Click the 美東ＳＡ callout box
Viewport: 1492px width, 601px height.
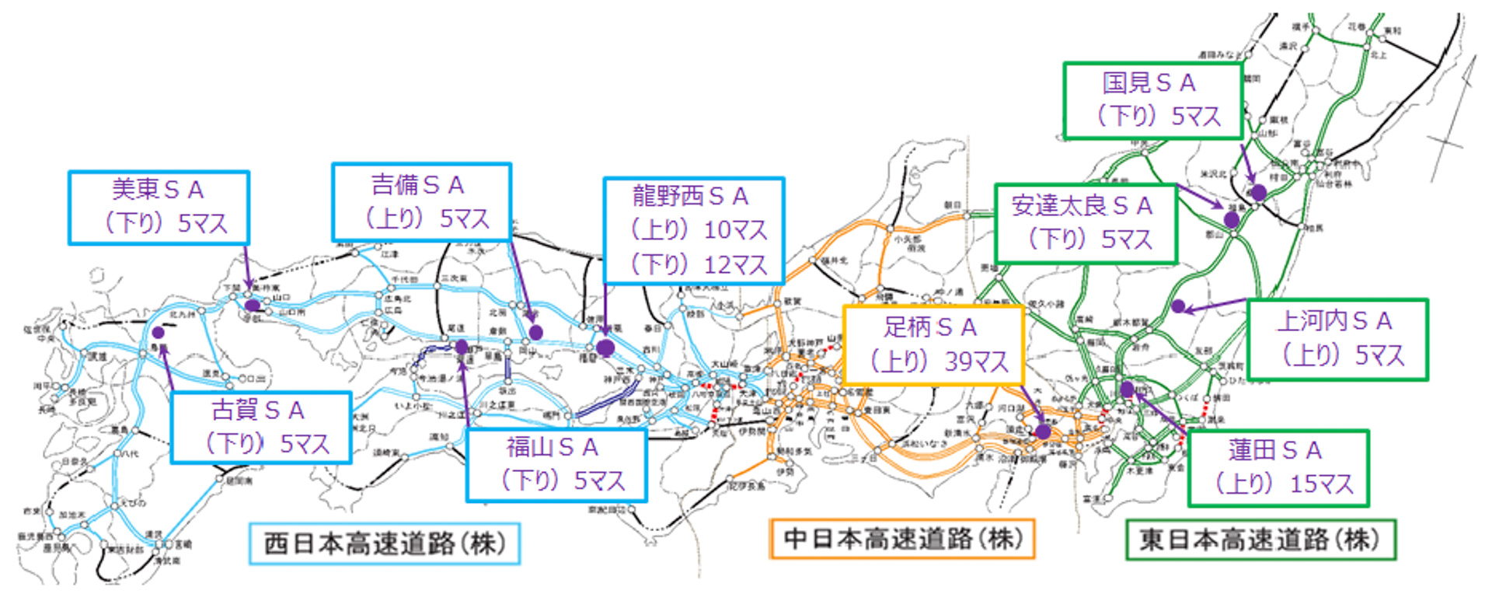pyautogui.click(x=159, y=208)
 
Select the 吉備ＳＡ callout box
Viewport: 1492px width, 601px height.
pyautogui.click(x=421, y=202)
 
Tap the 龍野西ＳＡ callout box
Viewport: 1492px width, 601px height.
pyautogui.click(x=693, y=230)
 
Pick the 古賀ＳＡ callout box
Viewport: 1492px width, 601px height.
pyautogui.click(x=260, y=427)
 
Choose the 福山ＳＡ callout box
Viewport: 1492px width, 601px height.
pyautogui.click(x=556, y=464)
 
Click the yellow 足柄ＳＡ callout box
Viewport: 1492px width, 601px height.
pyautogui.click(x=932, y=344)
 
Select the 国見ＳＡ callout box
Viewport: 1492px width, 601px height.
pyautogui.click(x=1152, y=100)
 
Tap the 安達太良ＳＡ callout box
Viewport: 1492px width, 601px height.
pyautogui.click(x=1085, y=223)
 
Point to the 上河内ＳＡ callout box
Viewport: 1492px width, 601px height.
pyautogui.click(x=1337, y=339)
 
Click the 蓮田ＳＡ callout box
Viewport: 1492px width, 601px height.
pyautogui.click(x=1278, y=468)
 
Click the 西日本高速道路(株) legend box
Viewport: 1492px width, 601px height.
pyautogui.click(x=384, y=543)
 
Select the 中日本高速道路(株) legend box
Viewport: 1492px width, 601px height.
pyautogui.click(x=901, y=538)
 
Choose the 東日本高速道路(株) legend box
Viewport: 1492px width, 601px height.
pyautogui.click(x=1260, y=540)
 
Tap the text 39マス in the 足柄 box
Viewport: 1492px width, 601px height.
pyautogui.click(x=976, y=362)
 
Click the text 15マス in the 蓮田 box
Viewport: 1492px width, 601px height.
pyautogui.click(x=1321, y=484)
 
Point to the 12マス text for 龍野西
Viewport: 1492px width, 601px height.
pyautogui.click(x=734, y=265)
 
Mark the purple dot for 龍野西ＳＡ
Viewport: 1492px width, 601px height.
pyautogui.click(x=605, y=348)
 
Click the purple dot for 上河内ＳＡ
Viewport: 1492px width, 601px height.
pyautogui.click(x=1178, y=306)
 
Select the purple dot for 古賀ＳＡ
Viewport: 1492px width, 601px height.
pyautogui.click(x=159, y=333)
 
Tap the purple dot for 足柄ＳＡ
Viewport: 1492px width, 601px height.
pyautogui.click(x=1043, y=431)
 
